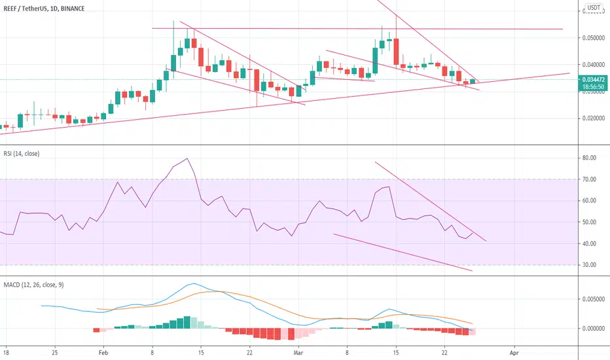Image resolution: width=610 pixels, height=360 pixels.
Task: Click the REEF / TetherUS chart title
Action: [44, 9]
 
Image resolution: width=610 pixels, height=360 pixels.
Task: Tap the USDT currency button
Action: [594, 7]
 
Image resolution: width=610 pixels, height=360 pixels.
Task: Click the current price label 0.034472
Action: [593, 79]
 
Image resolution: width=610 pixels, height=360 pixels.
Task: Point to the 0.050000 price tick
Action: [593, 38]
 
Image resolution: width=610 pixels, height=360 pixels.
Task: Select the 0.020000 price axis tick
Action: [593, 118]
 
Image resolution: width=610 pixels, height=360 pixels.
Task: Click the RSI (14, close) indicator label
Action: [22, 154]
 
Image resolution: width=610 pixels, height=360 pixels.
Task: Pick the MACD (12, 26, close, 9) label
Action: [33, 285]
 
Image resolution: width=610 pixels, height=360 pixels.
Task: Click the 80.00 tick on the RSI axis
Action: [589, 158]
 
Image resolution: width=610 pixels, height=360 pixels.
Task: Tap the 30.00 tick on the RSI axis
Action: [589, 265]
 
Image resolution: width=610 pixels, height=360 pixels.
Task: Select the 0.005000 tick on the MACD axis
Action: [593, 299]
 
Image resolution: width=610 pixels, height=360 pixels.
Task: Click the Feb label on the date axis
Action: [103, 353]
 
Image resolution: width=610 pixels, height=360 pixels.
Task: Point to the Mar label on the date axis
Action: [298, 353]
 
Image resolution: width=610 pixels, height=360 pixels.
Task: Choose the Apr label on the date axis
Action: [514, 353]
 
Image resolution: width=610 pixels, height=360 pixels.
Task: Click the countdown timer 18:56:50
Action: [593, 87]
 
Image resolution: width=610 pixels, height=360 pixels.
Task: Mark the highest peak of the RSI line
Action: [187, 158]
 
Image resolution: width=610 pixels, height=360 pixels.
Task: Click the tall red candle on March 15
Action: [396, 51]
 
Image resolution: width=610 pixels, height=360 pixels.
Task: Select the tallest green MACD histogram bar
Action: [187, 322]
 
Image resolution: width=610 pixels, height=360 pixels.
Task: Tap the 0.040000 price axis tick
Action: [593, 65]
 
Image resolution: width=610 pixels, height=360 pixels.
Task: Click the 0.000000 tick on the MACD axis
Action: [593, 329]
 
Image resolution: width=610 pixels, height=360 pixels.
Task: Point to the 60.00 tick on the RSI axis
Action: [589, 201]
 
